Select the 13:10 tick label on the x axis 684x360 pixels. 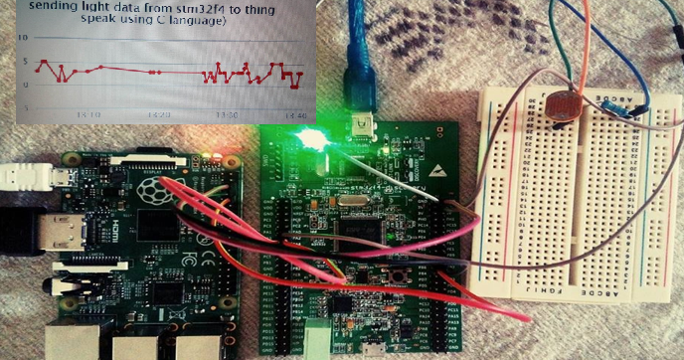click(87, 115)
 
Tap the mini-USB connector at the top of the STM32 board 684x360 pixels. click(365, 126)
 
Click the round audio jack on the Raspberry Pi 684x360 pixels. click(76, 292)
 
